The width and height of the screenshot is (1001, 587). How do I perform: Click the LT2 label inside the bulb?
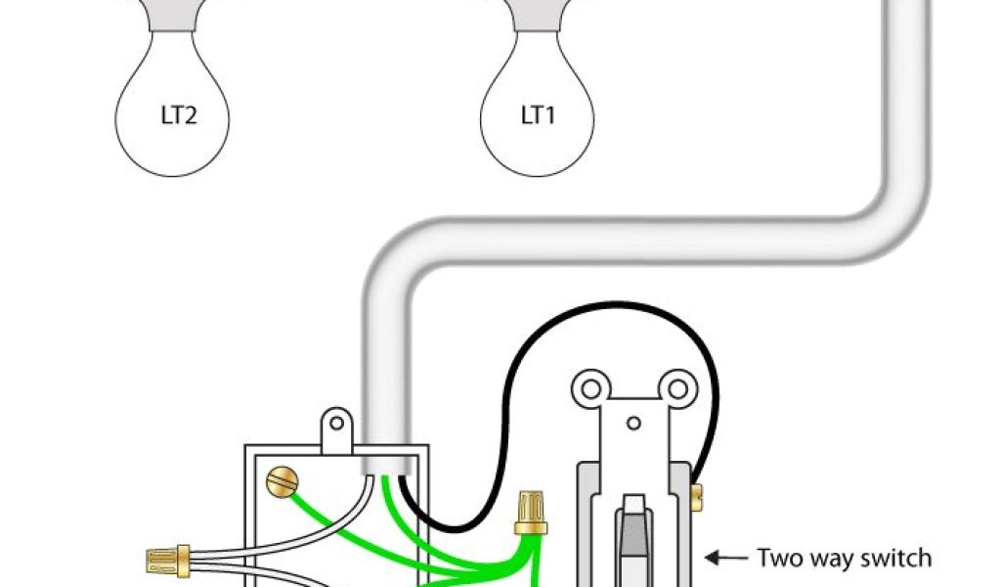click(x=179, y=116)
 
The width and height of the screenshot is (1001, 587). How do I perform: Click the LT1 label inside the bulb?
click(x=538, y=115)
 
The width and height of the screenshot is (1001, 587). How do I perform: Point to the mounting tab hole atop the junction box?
click(x=336, y=423)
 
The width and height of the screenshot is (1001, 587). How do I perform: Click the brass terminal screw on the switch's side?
click(x=696, y=496)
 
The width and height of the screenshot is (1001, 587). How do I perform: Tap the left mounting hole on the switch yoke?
click(x=590, y=388)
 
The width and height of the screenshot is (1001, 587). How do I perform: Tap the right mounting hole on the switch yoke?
click(x=674, y=388)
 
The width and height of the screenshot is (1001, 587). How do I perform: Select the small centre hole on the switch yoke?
click(x=632, y=423)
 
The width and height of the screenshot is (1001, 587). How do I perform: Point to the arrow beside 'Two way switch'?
click(x=724, y=559)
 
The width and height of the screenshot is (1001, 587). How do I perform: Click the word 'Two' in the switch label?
click(x=779, y=559)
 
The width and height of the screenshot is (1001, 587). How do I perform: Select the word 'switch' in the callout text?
click(x=895, y=559)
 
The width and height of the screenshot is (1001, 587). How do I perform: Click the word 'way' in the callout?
click(x=830, y=561)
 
